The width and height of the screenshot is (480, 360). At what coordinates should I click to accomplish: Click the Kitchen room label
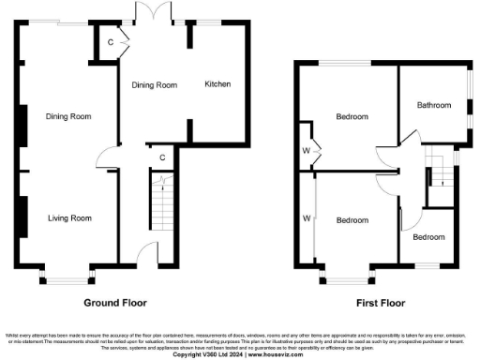(218, 84)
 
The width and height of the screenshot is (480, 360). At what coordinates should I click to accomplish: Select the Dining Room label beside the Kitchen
(154, 84)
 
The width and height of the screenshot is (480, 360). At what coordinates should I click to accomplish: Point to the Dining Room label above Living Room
(68, 116)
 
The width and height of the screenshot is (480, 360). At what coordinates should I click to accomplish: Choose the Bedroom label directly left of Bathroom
(352, 117)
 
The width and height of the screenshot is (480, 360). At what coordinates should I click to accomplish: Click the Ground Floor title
(116, 303)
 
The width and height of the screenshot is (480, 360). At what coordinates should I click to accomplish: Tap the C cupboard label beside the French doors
(110, 43)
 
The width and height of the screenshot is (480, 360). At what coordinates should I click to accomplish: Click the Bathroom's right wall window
(472, 100)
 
